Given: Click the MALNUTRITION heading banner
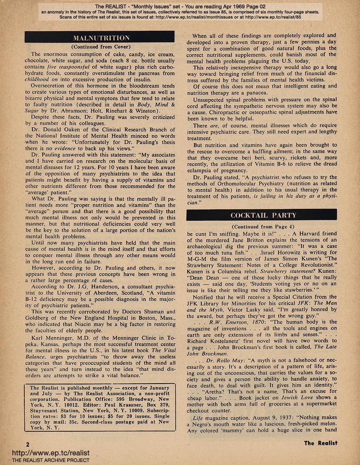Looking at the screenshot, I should click(x=99, y=38).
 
